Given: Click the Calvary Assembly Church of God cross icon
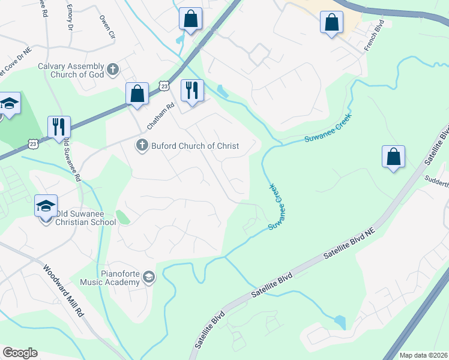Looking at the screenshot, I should tap(112, 70).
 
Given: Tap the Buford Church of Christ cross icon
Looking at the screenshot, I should tap(142, 146).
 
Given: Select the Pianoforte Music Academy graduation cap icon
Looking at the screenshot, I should tap(149, 277).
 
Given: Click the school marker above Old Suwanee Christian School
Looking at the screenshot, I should tap(46, 206).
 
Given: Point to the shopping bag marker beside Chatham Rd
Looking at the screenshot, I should tap(137, 94).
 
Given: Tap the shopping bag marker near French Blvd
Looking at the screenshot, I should tap(331, 23).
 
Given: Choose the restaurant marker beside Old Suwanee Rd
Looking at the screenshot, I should tap(59, 127).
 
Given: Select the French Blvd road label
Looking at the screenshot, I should tap(373, 37).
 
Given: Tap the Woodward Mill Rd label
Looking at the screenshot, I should tap(63, 292).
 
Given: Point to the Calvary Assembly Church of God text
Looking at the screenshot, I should tap(71, 70).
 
